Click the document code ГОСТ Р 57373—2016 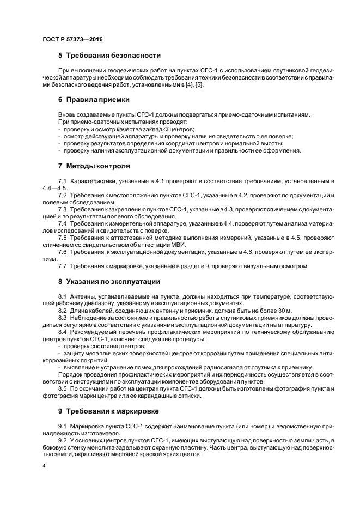pos(72,39)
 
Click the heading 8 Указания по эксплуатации pos(109,281)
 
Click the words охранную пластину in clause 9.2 pos(192,447)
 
